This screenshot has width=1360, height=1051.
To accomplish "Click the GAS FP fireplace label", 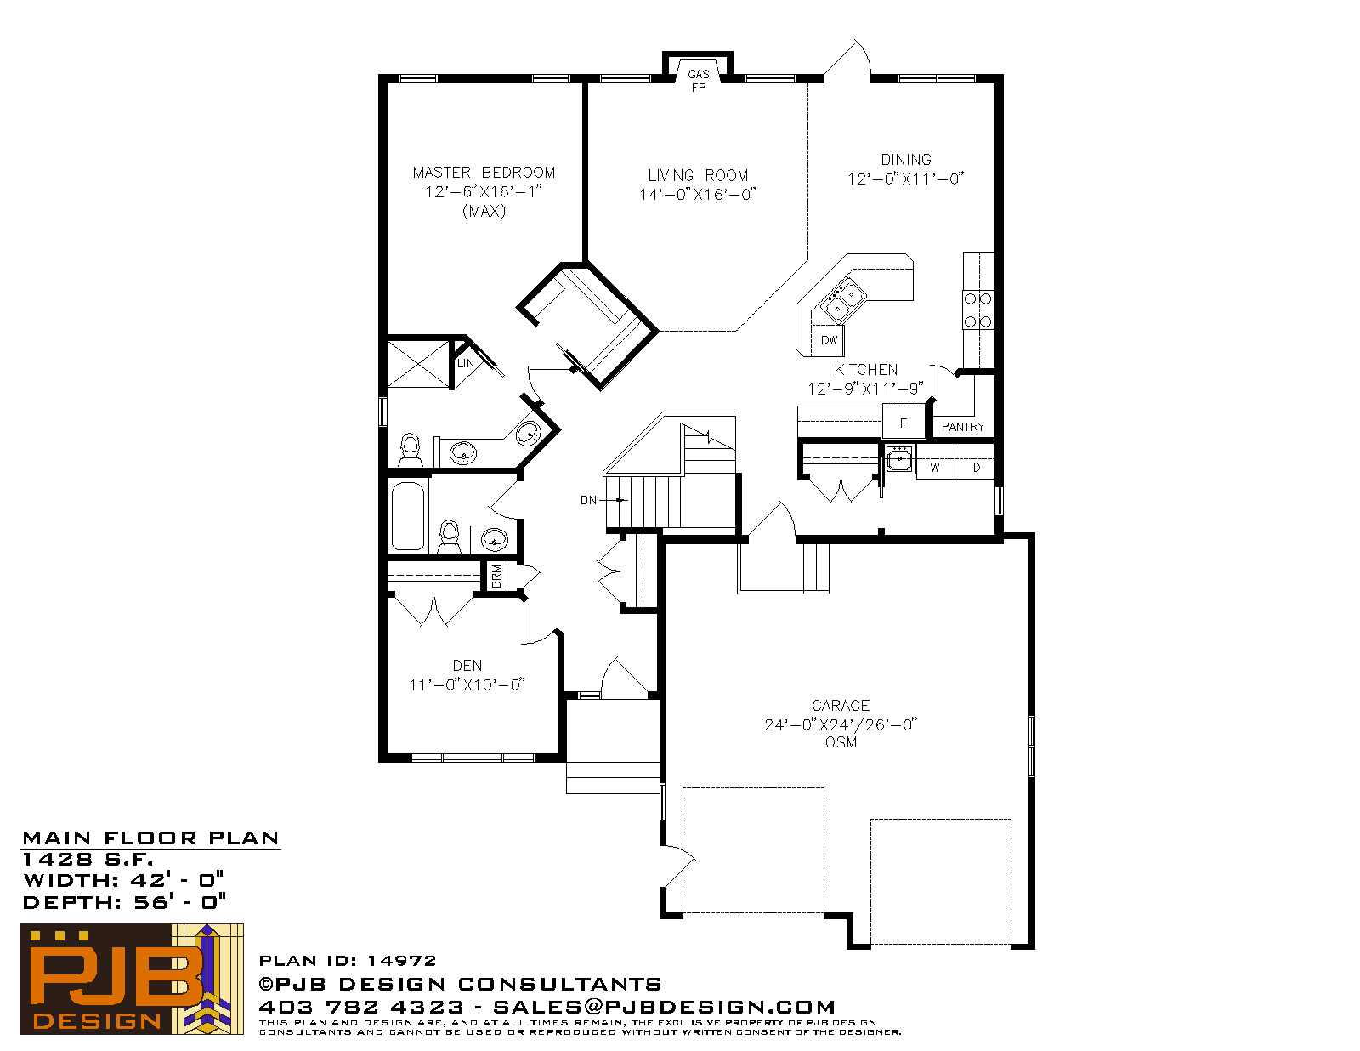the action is pyautogui.click(x=698, y=81).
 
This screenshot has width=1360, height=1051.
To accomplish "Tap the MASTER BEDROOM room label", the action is pyautogui.click(x=484, y=172).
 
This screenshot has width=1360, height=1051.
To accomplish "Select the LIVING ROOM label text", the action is pyautogui.click(x=698, y=175).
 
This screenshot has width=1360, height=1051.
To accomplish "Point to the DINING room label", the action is pyautogui.click(x=905, y=160).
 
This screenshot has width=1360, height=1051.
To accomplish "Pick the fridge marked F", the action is pyautogui.click(x=903, y=422).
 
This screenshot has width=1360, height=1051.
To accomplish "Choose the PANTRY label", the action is pyautogui.click(x=962, y=427).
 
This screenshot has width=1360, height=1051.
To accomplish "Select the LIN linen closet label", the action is pyautogui.click(x=465, y=363).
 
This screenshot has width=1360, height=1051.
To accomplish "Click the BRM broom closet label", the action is pyautogui.click(x=497, y=576).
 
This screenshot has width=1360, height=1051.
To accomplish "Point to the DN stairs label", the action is pyautogui.click(x=588, y=500).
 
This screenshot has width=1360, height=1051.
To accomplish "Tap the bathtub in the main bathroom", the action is pyautogui.click(x=408, y=516).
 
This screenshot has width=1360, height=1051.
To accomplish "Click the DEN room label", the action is pyautogui.click(x=467, y=666).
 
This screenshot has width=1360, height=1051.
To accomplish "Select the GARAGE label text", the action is pyautogui.click(x=841, y=706).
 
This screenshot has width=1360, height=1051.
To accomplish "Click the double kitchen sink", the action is pyautogui.click(x=843, y=300).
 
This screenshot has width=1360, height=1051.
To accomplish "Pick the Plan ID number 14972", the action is pyautogui.click(x=401, y=960).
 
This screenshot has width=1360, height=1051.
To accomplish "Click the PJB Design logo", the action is pyautogui.click(x=132, y=979).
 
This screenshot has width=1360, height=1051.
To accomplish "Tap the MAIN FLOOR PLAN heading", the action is pyautogui.click(x=150, y=838).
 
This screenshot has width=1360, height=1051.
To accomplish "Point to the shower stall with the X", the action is pyautogui.click(x=419, y=364).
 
